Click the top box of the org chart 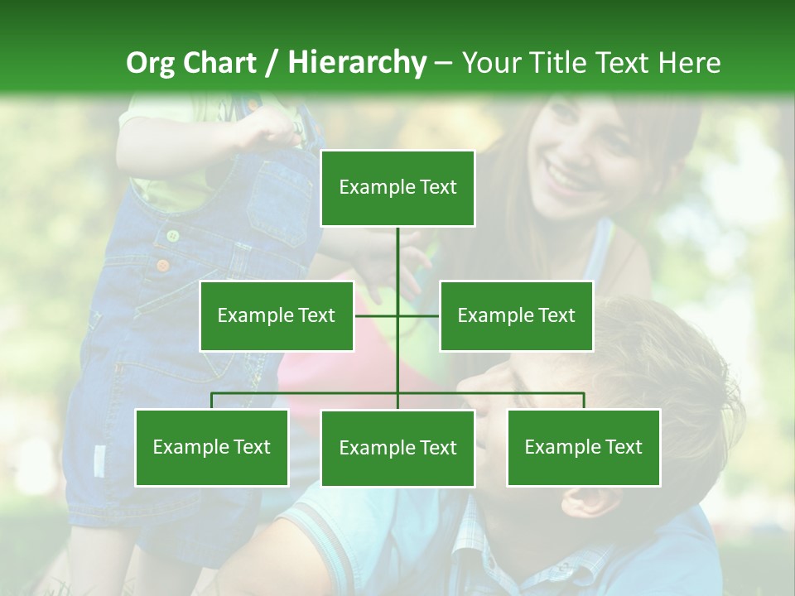tap(397, 188)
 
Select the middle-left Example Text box tap(277, 315)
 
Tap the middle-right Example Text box tap(516, 315)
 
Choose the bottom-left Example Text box tap(212, 447)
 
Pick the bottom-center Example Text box tap(397, 448)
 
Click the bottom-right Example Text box tap(584, 447)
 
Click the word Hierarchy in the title tap(357, 62)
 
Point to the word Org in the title tap(150, 63)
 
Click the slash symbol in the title tap(272, 63)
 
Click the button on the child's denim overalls tap(172, 236)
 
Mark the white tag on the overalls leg tap(100, 460)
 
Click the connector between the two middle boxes tap(397, 315)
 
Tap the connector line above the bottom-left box tap(212, 401)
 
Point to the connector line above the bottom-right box tap(584, 401)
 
